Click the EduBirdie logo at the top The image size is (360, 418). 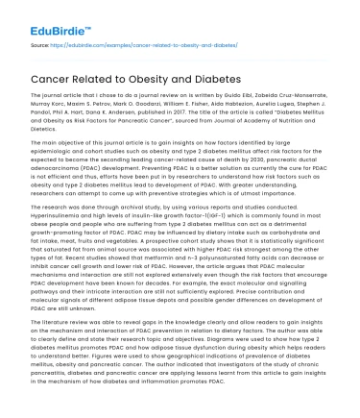click(47, 16)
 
